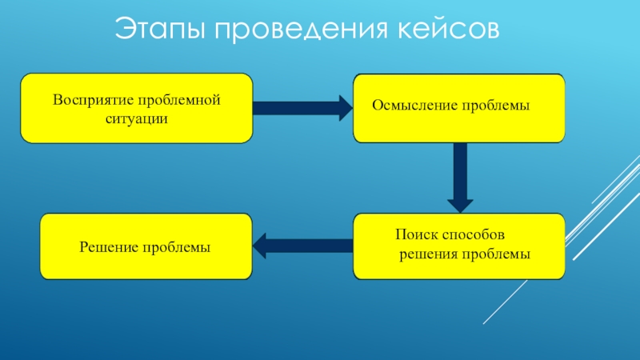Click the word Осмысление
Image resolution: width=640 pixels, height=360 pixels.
pyautogui.click(x=415, y=106)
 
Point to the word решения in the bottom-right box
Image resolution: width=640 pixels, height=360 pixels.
pyautogui.click(x=427, y=254)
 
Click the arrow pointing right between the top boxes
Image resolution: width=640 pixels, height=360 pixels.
pyautogui.click(x=302, y=106)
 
